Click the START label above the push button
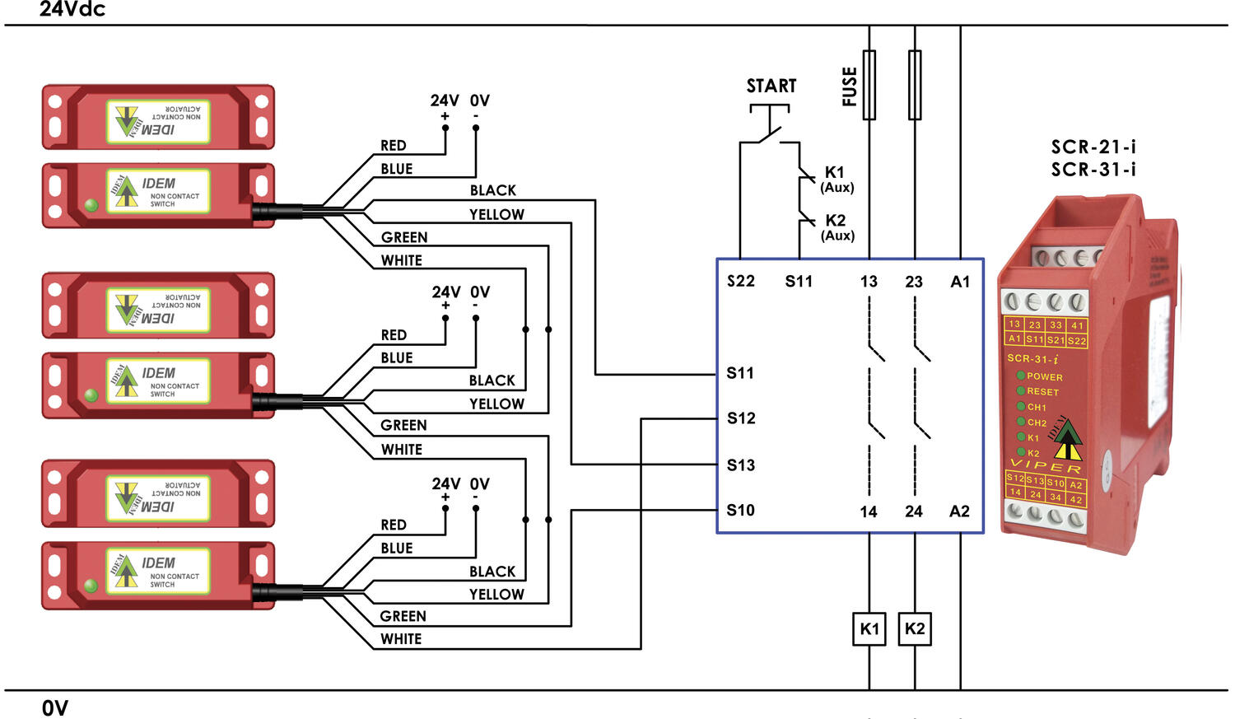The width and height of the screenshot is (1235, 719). (x=771, y=86)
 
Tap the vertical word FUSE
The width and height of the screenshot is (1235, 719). (x=850, y=86)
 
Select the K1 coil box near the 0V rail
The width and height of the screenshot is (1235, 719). (x=869, y=629)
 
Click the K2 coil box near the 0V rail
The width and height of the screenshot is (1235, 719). (x=915, y=629)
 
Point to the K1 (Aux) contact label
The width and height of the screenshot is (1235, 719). (x=836, y=179)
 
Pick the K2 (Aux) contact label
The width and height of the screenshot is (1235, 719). (x=837, y=227)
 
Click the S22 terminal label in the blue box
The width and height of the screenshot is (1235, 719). (x=740, y=282)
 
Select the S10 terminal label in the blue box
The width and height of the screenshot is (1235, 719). (x=740, y=511)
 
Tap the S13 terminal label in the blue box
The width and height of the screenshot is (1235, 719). (x=740, y=465)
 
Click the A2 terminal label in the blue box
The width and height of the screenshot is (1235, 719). (x=959, y=511)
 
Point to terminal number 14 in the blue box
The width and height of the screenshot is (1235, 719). (x=869, y=512)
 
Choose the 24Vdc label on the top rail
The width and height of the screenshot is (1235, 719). (x=72, y=10)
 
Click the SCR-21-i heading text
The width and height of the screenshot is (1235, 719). (x=1093, y=147)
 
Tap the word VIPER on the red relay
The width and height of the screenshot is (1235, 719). (x=1046, y=466)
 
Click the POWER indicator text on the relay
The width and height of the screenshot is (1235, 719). (x=1044, y=376)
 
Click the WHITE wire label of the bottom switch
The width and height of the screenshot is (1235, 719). (x=401, y=639)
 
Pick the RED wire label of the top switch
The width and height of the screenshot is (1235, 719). (x=393, y=146)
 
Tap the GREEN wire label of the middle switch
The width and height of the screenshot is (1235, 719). (x=403, y=426)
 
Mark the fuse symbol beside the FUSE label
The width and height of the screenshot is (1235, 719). (x=869, y=85)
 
